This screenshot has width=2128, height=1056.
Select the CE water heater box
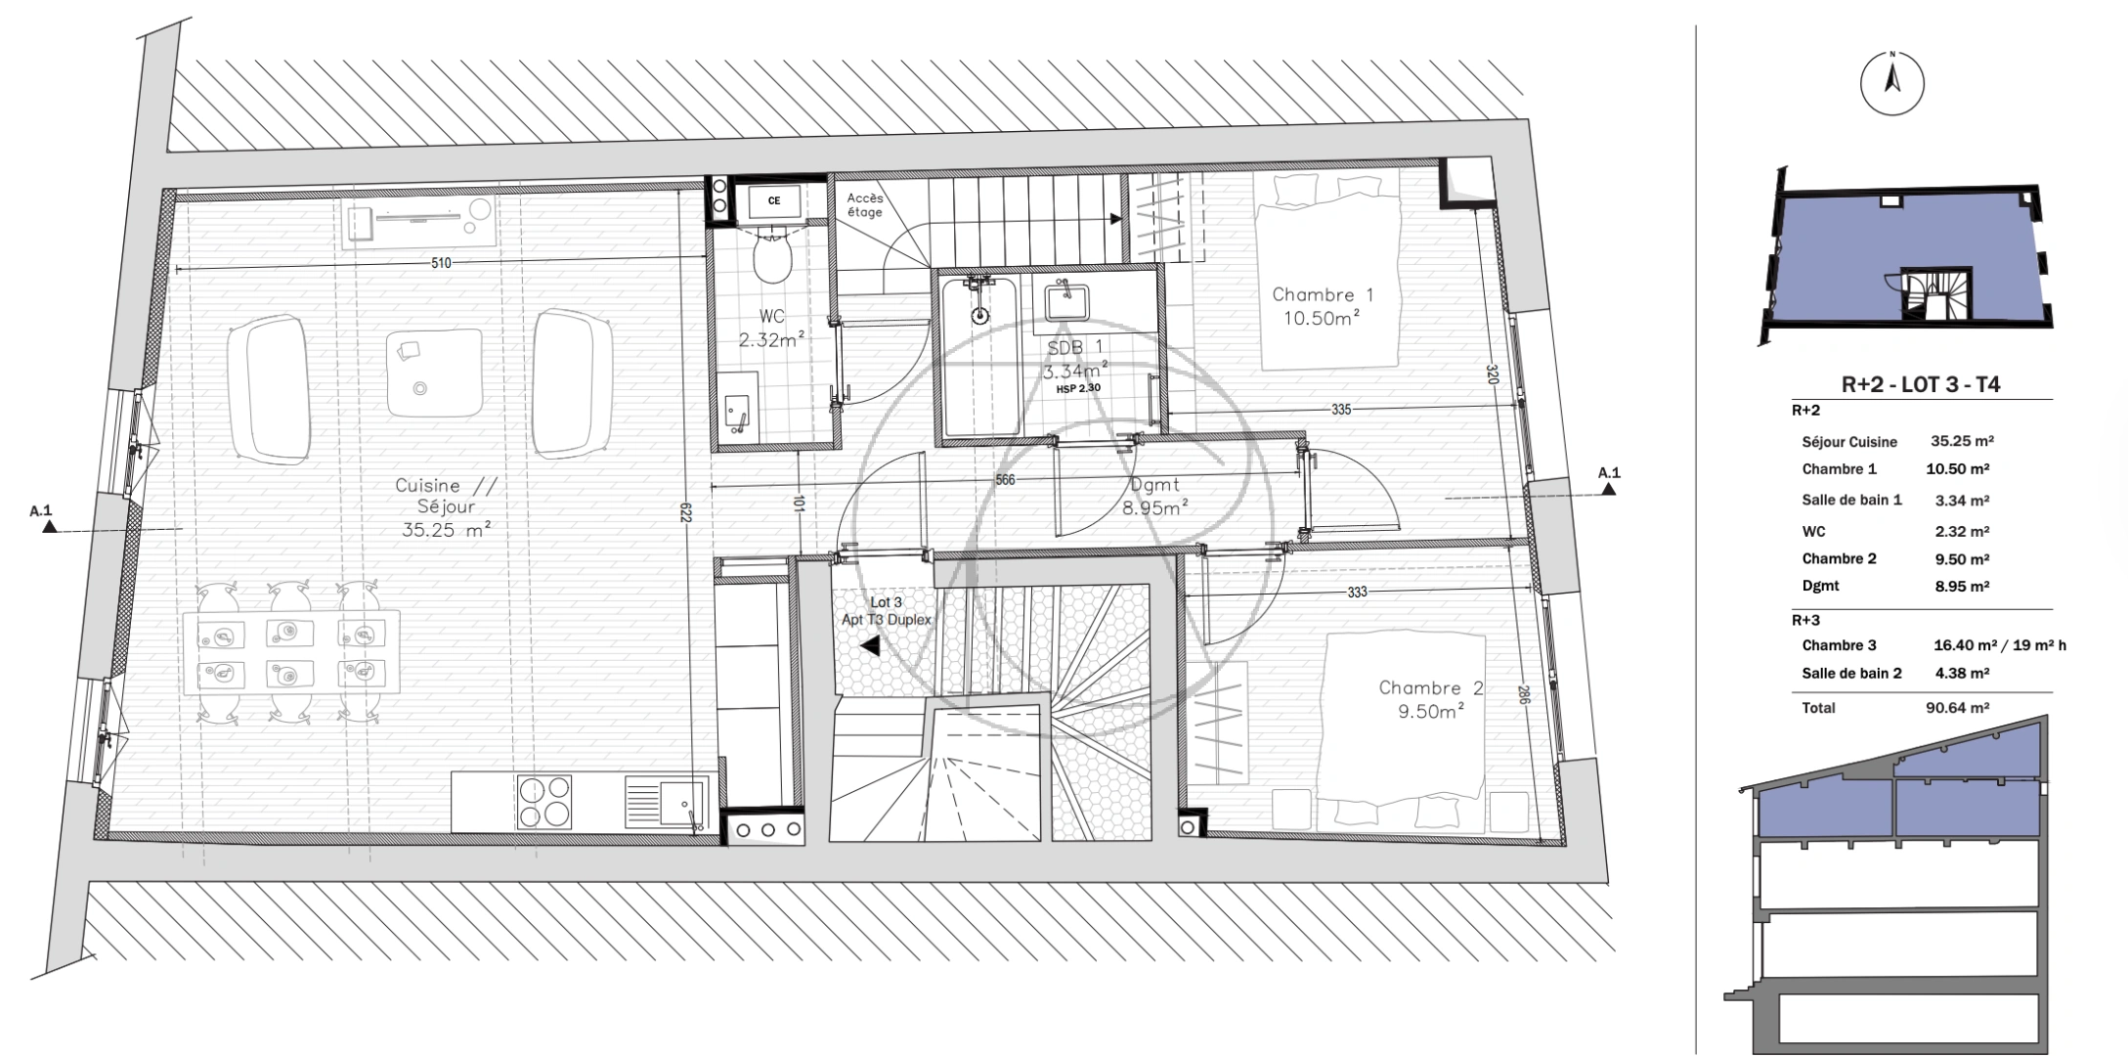[773, 201]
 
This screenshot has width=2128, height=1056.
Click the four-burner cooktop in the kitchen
[544, 802]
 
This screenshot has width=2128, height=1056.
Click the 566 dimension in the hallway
[1005, 480]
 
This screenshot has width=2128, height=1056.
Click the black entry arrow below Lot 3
[869, 645]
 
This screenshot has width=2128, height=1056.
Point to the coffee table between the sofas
[435, 373]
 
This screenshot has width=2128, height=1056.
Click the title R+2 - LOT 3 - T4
[1921, 384]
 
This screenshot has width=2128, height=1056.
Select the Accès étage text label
[865, 204]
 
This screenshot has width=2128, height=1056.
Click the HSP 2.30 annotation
[1078, 388]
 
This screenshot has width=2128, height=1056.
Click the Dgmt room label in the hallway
[1154, 484]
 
